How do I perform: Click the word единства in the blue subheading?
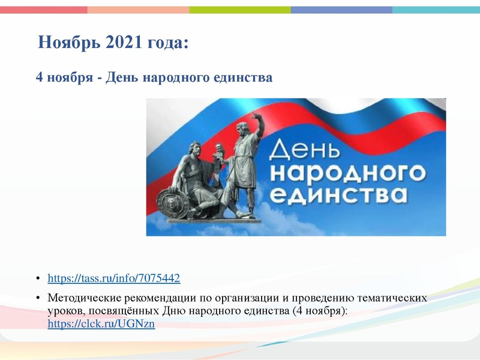point(240,78)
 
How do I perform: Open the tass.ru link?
point(113,278)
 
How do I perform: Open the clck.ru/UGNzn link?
point(101,324)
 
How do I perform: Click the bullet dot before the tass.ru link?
point(38,279)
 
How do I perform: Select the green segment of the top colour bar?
point(240,10)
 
